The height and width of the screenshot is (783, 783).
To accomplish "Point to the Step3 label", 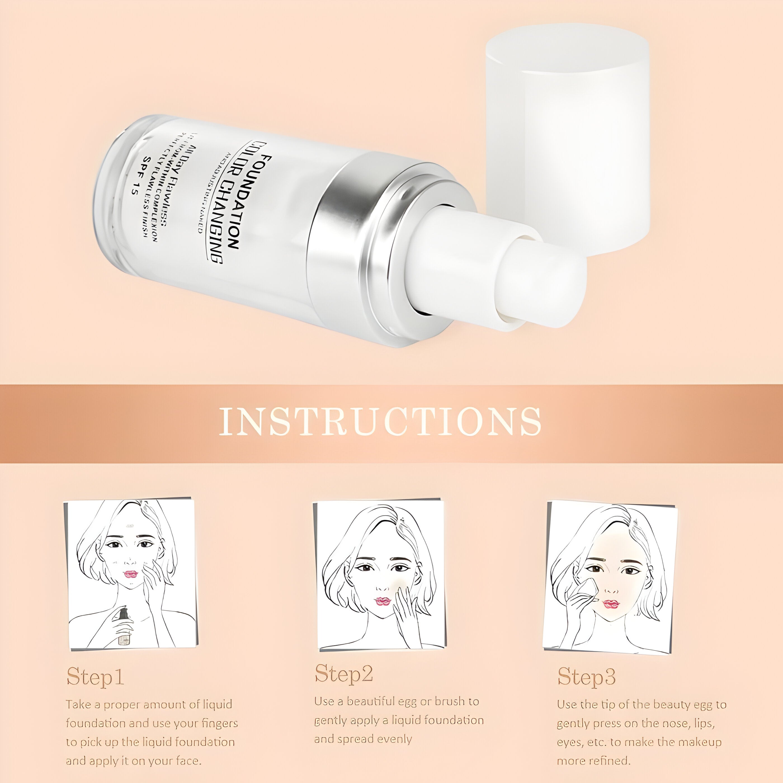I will tap(586, 676).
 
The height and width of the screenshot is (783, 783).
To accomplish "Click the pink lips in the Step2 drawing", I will tap(382, 601).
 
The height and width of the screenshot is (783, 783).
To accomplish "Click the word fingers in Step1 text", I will tap(219, 723).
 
